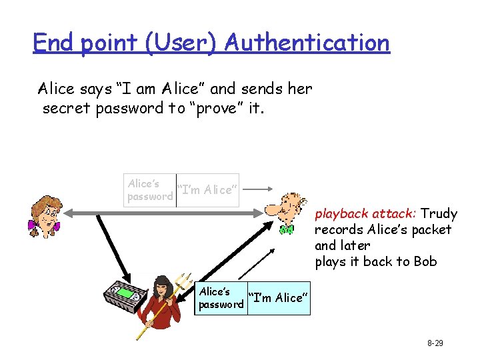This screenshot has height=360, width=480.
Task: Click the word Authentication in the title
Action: click(307, 43)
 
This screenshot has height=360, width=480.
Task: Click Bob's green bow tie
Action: click(286, 230)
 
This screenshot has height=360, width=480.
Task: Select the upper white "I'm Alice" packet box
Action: click(207, 190)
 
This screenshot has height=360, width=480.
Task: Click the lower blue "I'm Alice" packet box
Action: click(278, 298)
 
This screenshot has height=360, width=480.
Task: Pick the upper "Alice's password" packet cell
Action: click(150, 190)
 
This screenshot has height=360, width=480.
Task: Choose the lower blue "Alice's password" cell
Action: click(222, 298)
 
